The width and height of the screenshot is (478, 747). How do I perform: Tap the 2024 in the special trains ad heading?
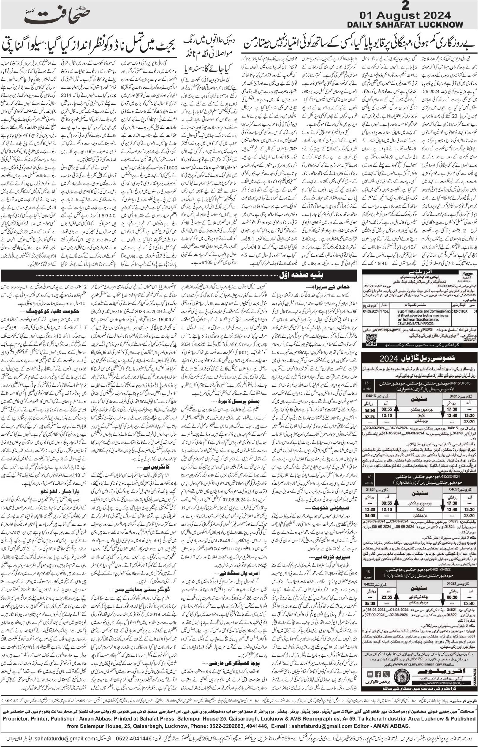click(389, 358)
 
